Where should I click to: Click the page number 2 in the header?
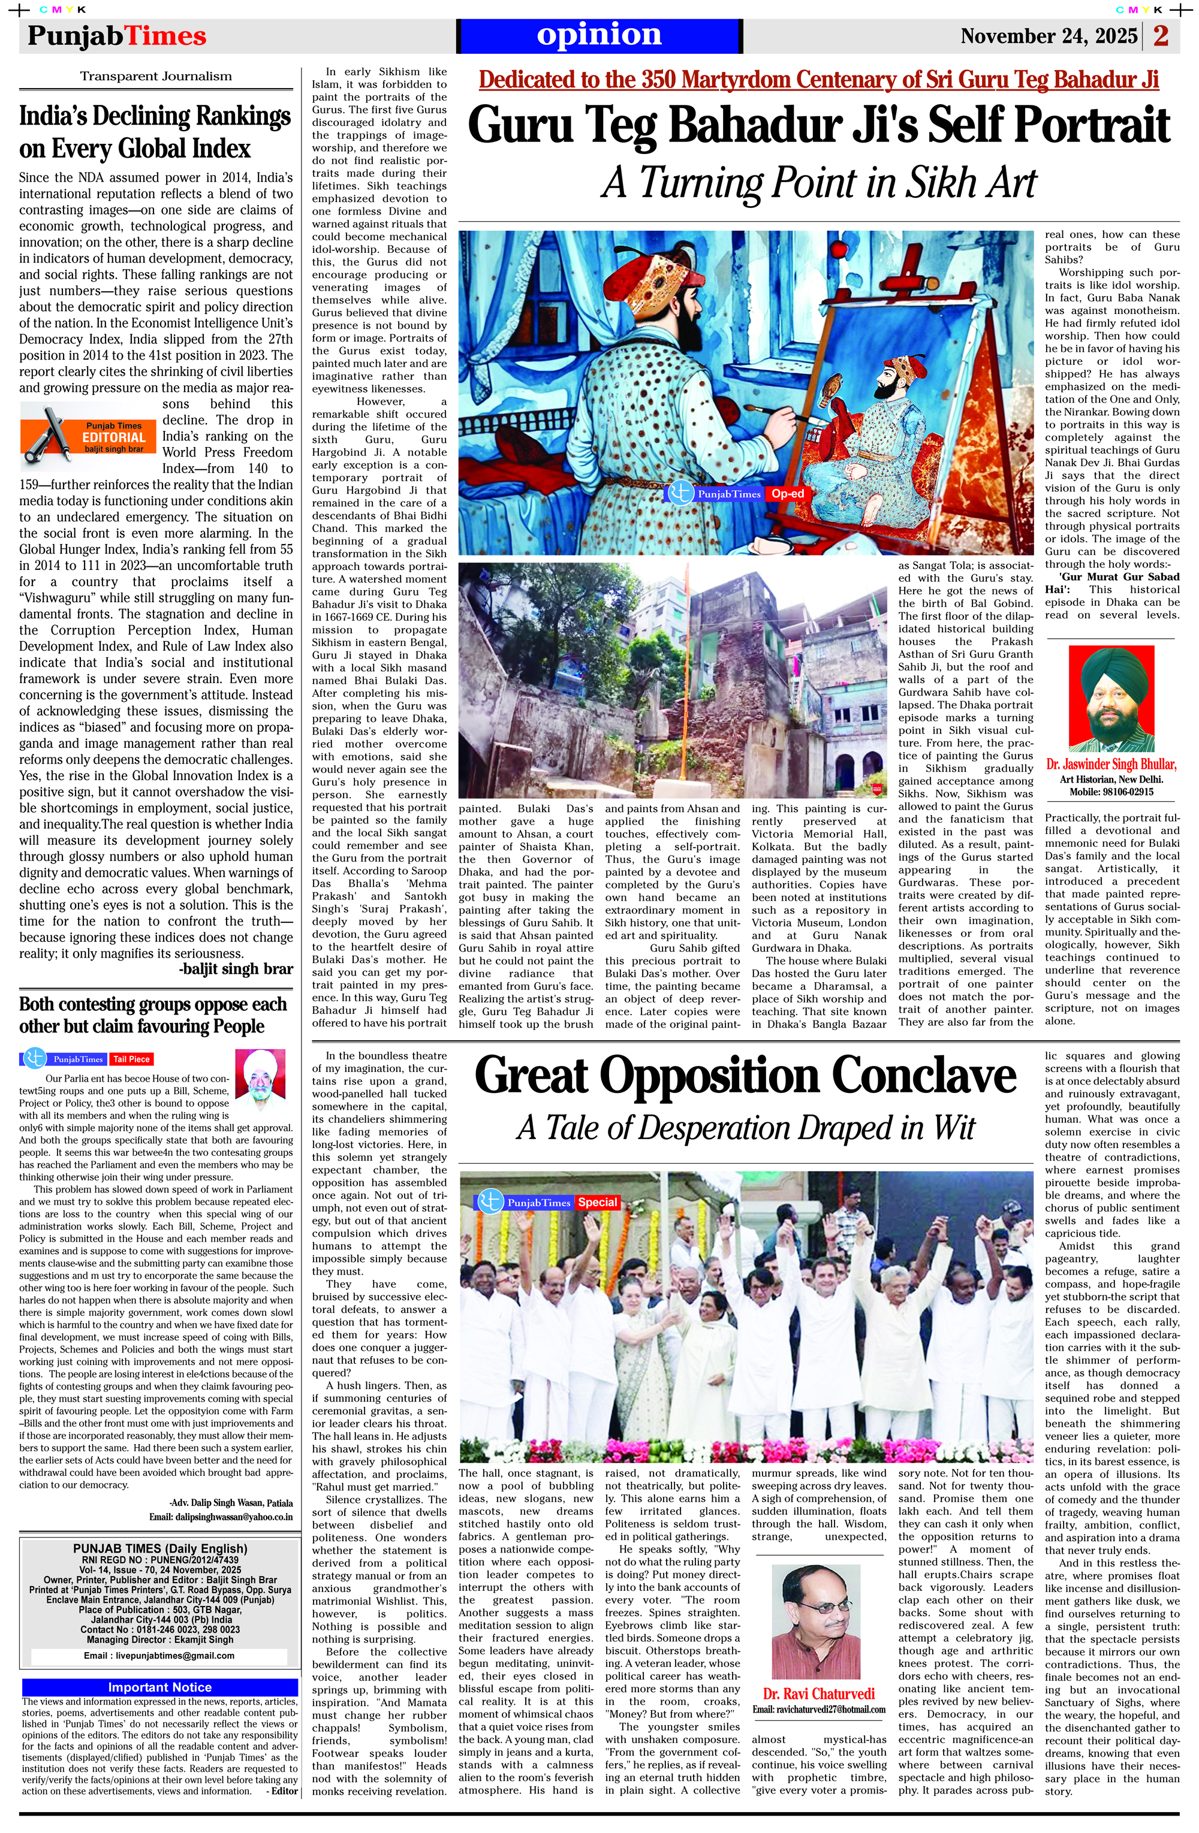click(x=1161, y=36)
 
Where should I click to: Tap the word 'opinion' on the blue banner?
click(x=599, y=35)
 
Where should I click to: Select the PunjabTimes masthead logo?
click(x=116, y=36)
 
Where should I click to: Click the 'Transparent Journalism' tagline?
click(x=156, y=76)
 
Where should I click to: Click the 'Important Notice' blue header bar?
click(x=159, y=1687)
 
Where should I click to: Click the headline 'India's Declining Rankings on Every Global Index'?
click(x=155, y=132)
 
